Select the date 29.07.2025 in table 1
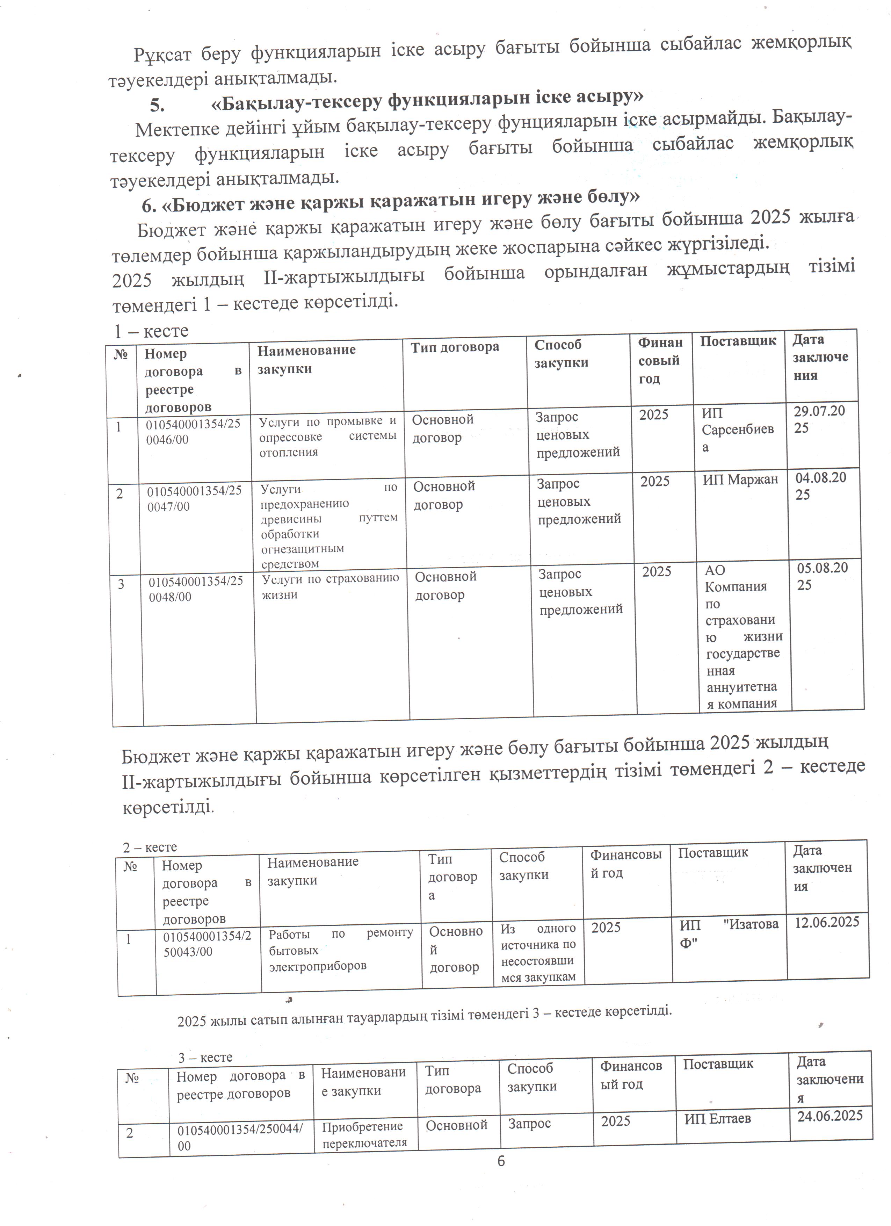click(x=819, y=419)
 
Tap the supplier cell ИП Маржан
click(x=740, y=479)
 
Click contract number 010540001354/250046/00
click(x=193, y=431)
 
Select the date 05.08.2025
click(x=823, y=576)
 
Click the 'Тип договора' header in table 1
click(x=455, y=347)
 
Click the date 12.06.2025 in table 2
click(x=827, y=922)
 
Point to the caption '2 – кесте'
click(x=150, y=847)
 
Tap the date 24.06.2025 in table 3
click(x=830, y=1115)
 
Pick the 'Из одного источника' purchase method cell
click(x=538, y=952)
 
